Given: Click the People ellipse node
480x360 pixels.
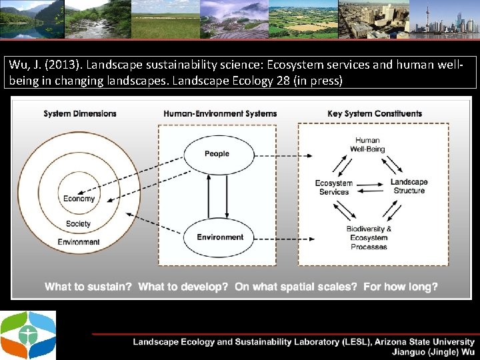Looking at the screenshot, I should (x=217, y=154).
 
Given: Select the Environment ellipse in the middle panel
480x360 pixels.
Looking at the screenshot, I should (x=219, y=237).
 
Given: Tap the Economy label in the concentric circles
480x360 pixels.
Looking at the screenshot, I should (x=79, y=199).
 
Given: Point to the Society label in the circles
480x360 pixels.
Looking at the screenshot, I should (x=78, y=224).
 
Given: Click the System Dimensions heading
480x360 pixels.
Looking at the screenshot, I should (x=80, y=113).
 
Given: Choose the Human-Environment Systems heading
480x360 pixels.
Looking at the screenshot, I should (x=220, y=113).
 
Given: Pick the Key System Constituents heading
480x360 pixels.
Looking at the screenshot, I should (x=375, y=113).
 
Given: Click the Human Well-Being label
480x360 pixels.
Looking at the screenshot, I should (x=367, y=145).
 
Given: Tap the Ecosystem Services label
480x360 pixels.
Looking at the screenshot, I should (x=334, y=187).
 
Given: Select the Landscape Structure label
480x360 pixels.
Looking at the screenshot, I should (x=409, y=187).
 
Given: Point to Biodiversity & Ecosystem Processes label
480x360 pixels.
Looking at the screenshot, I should (x=369, y=238).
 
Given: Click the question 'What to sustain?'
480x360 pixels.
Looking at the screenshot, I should (x=88, y=287).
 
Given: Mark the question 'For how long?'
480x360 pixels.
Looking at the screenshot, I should (x=401, y=287).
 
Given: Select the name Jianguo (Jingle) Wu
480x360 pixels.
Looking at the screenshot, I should (x=434, y=351).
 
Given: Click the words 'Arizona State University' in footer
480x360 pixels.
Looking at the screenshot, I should (x=425, y=342).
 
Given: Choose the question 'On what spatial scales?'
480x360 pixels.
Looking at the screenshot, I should (x=295, y=287).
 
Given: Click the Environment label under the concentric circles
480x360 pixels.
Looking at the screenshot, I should (x=79, y=242).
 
